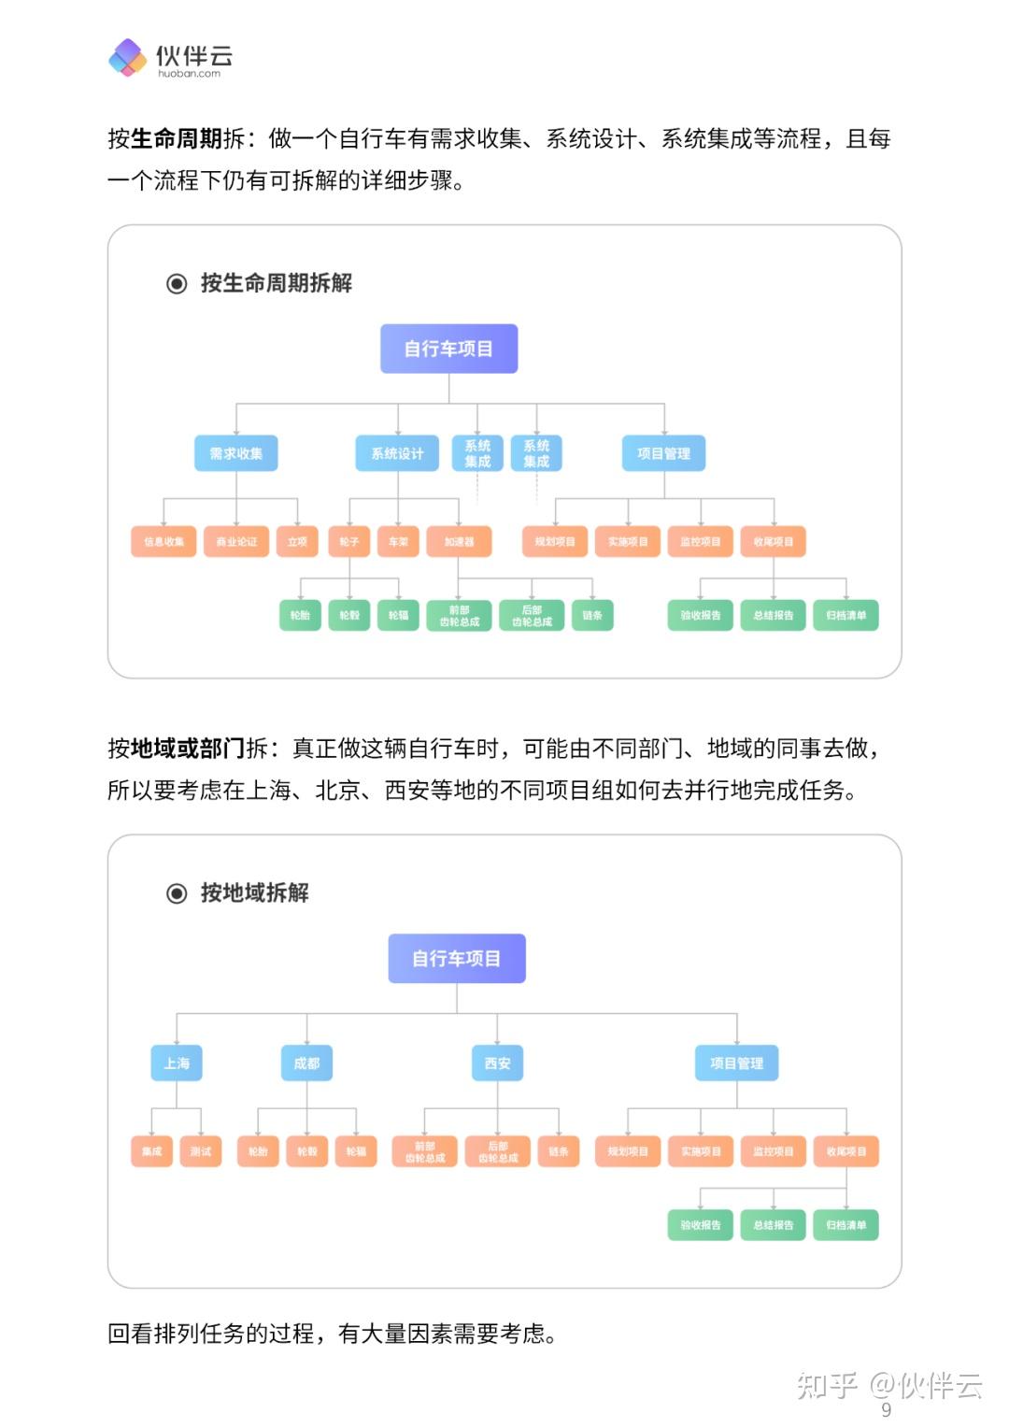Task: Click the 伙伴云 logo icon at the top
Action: [x=128, y=58]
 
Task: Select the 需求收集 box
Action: [x=236, y=453]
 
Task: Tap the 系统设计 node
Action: [x=398, y=453]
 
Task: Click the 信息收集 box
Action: [x=163, y=542]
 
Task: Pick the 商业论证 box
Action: [x=236, y=542]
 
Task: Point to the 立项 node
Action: [x=297, y=542]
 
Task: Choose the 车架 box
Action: [x=398, y=542]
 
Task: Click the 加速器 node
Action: [x=459, y=542]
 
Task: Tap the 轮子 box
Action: [x=349, y=542]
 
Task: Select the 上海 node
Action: [x=177, y=1063]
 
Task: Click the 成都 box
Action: [x=306, y=1063]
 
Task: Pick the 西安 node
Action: [x=498, y=1063]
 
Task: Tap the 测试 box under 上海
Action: [x=201, y=1151]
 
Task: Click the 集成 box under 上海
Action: [x=152, y=1151]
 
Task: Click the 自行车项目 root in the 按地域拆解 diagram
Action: [x=457, y=959]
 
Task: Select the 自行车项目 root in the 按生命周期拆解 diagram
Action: [x=448, y=349]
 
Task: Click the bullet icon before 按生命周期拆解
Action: [x=177, y=283]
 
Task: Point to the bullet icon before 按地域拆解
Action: [x=177, y=893]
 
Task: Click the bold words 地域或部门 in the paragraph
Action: [x=188, y=749]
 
